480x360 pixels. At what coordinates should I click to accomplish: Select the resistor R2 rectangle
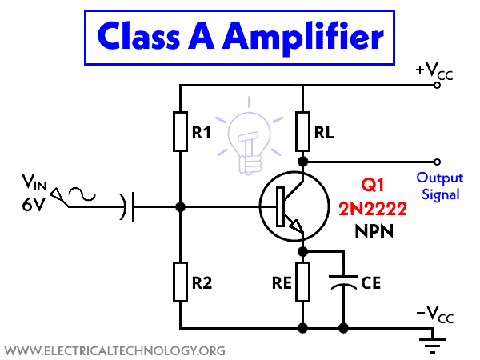(180, 281)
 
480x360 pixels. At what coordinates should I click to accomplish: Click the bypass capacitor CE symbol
(344, 282)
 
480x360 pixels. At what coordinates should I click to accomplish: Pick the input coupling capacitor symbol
(128, 207)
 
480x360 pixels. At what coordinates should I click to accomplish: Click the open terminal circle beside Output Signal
(437, 160)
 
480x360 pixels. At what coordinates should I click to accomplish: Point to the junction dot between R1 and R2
(180, 207)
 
